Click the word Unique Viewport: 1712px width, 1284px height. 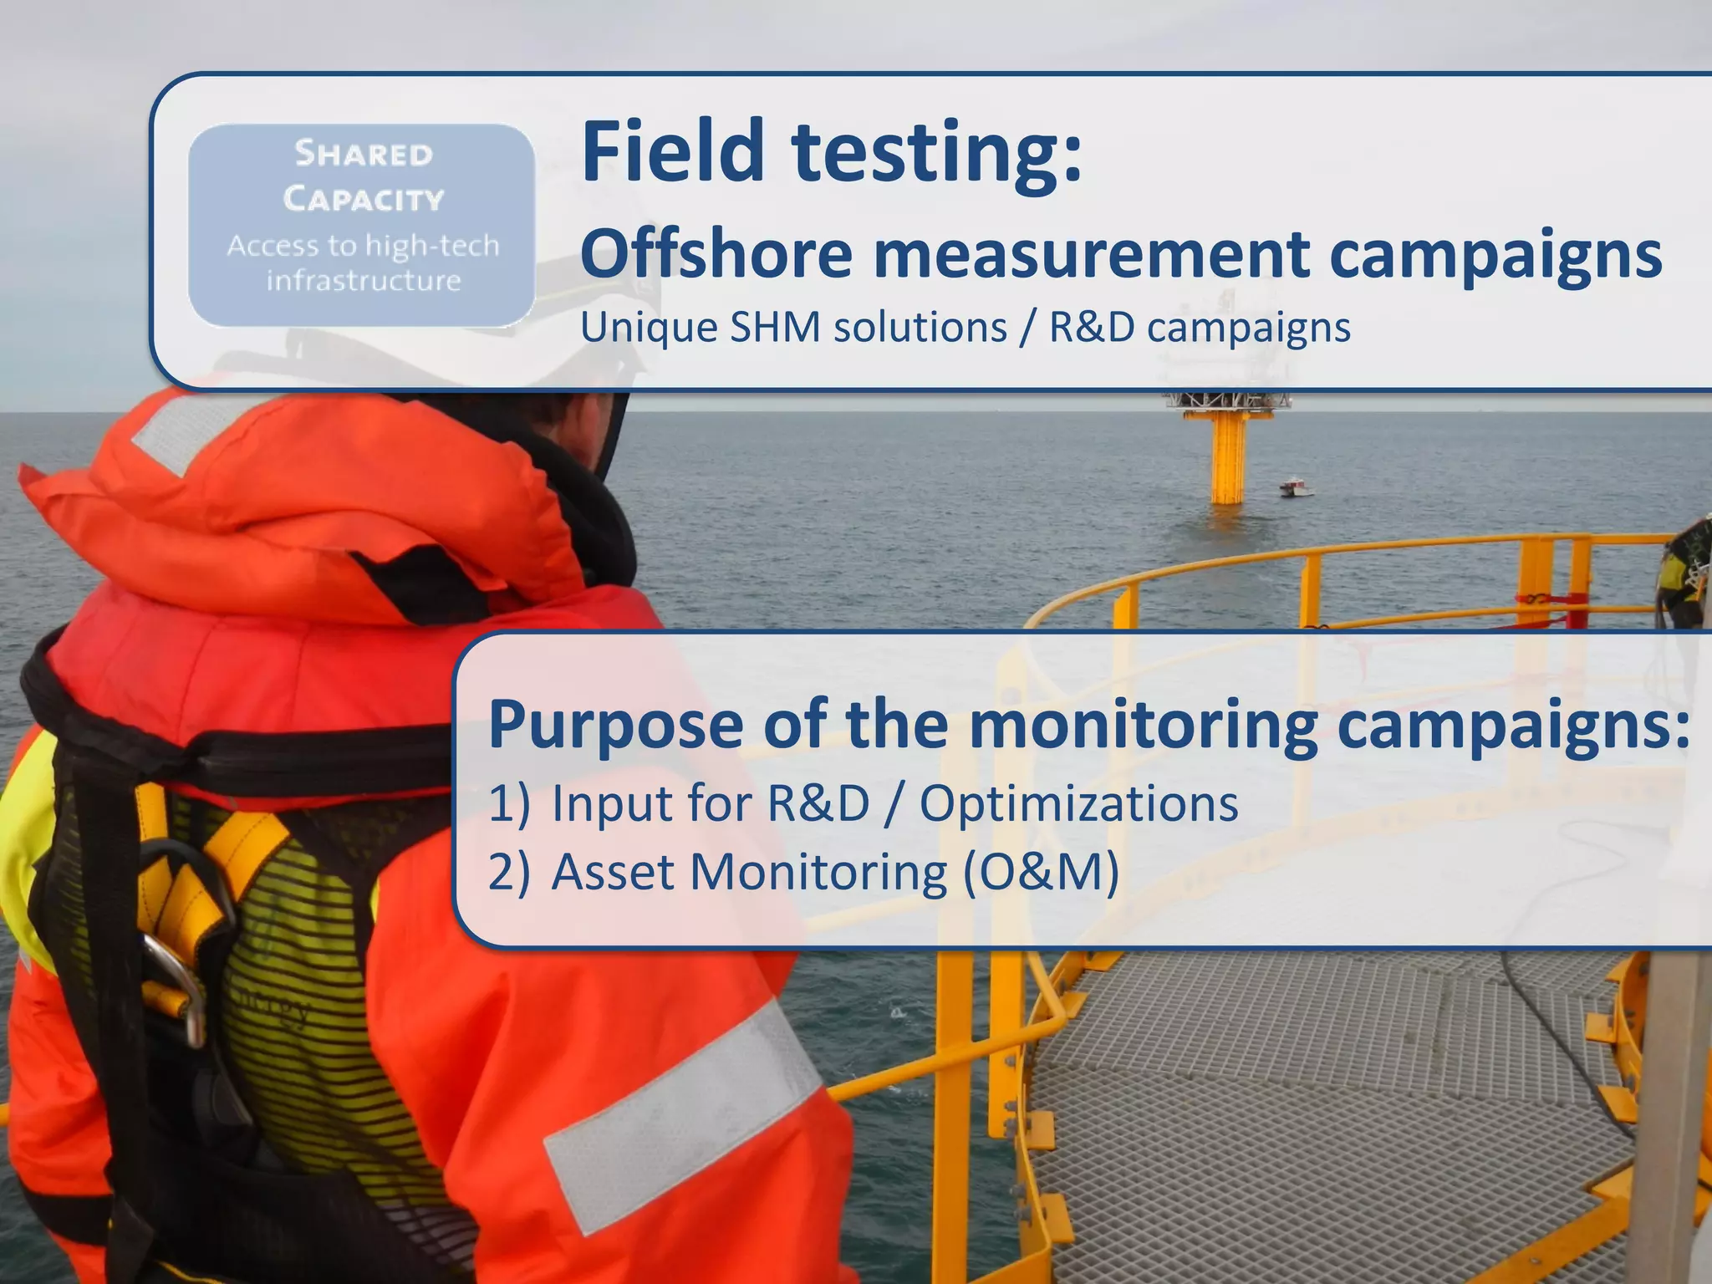[x=649, y=328]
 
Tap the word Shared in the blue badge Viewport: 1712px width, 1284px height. [x=364, y=155]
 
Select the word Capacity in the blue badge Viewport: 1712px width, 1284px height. [x=364, y=199]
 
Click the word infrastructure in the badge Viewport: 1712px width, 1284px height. [x=364, y=281]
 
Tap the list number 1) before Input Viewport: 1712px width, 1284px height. [x=509, y=804]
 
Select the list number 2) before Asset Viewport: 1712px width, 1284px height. [x=509, y=873]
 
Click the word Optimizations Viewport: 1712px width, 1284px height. [x=1078, y=804]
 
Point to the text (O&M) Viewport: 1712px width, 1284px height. [x=1040, y=873]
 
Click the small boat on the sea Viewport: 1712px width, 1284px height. [x=1295, y=487]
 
